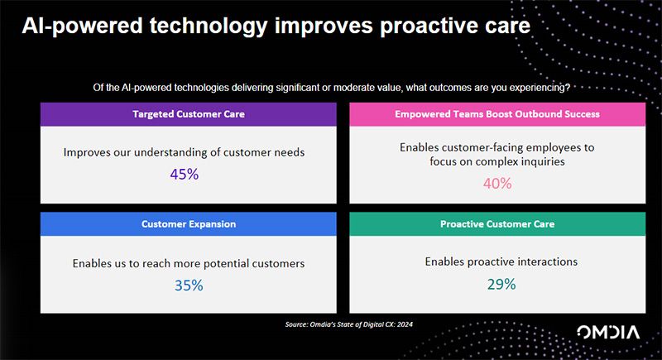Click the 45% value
coord(185,175)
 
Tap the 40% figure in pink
coord(496,183)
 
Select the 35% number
coord(188,285)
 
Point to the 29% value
coord(501,283)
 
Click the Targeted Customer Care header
coord(188,114)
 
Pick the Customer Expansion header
coord(188,224)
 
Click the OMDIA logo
coord(607,333)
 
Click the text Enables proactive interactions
coord(501,262)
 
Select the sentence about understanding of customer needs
coord(185,152)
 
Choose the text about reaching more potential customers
coord(188,263)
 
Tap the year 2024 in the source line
coord(402,324)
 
